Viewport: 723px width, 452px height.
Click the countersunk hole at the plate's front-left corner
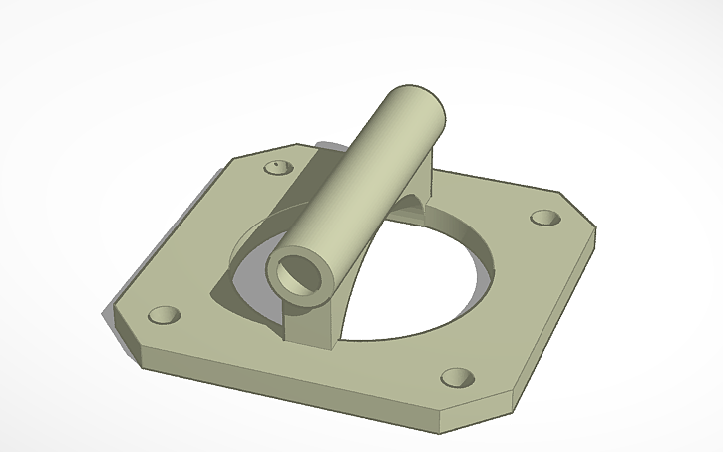pos(162,316)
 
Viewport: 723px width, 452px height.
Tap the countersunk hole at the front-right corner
pos(456,378)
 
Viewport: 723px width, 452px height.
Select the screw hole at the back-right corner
pos(543,218)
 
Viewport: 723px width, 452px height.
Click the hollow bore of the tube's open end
pos(298,272)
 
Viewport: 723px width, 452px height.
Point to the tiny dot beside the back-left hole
pos(271,160)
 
